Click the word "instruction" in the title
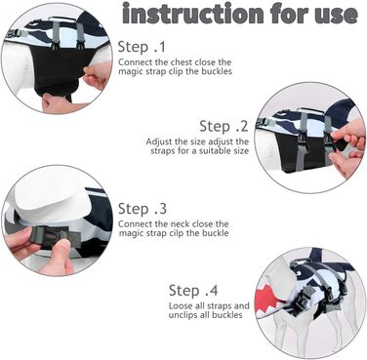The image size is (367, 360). [193, 14]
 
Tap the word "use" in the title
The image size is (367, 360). [336, 16]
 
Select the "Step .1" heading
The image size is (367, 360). [142, 47]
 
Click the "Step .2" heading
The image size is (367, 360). [224, 126]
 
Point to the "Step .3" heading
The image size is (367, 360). [143, 209]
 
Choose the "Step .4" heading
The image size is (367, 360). [193, 291]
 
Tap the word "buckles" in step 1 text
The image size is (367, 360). [217, 71]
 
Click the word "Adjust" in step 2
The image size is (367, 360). [159, 142]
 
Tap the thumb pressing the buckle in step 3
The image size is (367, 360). [58, 255]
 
